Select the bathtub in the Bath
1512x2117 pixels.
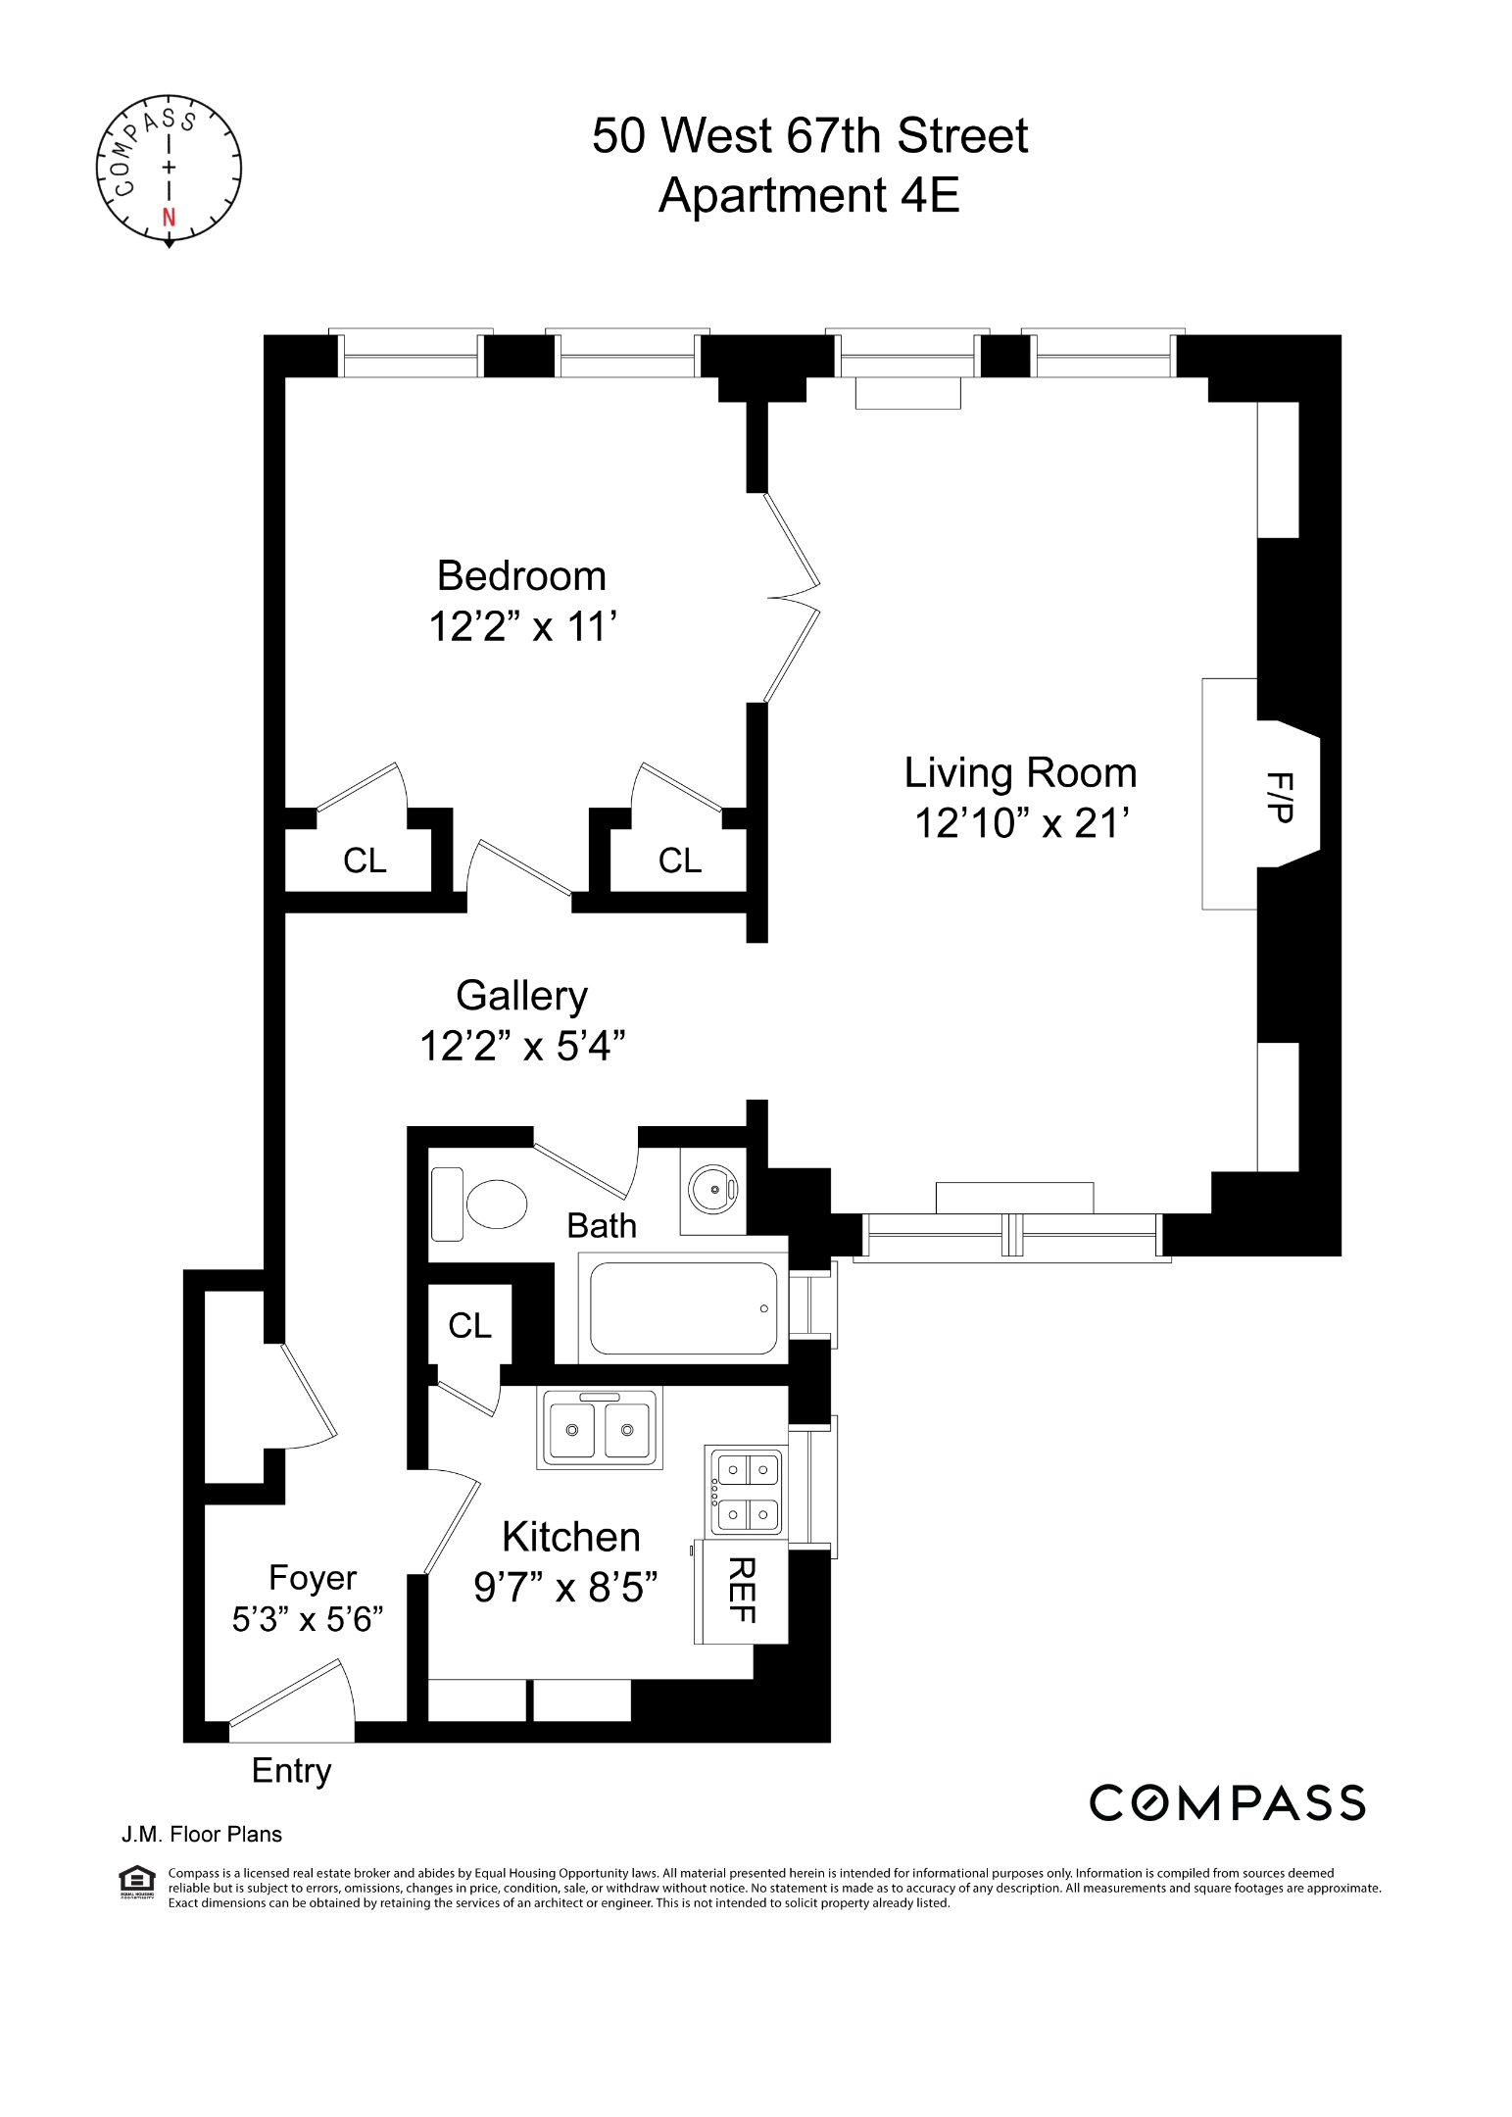click(683, 1308)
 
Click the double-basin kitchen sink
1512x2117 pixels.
click(599, 1428)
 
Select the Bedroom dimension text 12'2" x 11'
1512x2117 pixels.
click(522, 626)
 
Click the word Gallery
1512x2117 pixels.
click(521, 996)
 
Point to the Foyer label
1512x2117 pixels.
click(313, 1577)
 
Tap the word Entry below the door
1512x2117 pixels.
click(291, 1770)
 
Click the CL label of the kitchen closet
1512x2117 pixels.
click(469, 1325)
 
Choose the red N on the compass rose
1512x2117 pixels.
click(169, 218)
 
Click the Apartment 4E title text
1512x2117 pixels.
click(808, 195)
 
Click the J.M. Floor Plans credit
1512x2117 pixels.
click(201, 1834)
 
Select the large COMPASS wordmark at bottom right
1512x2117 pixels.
click(1227, 1802)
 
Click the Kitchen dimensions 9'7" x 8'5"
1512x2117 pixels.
click(564, 1587)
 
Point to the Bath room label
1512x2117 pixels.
click(602, 1225)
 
